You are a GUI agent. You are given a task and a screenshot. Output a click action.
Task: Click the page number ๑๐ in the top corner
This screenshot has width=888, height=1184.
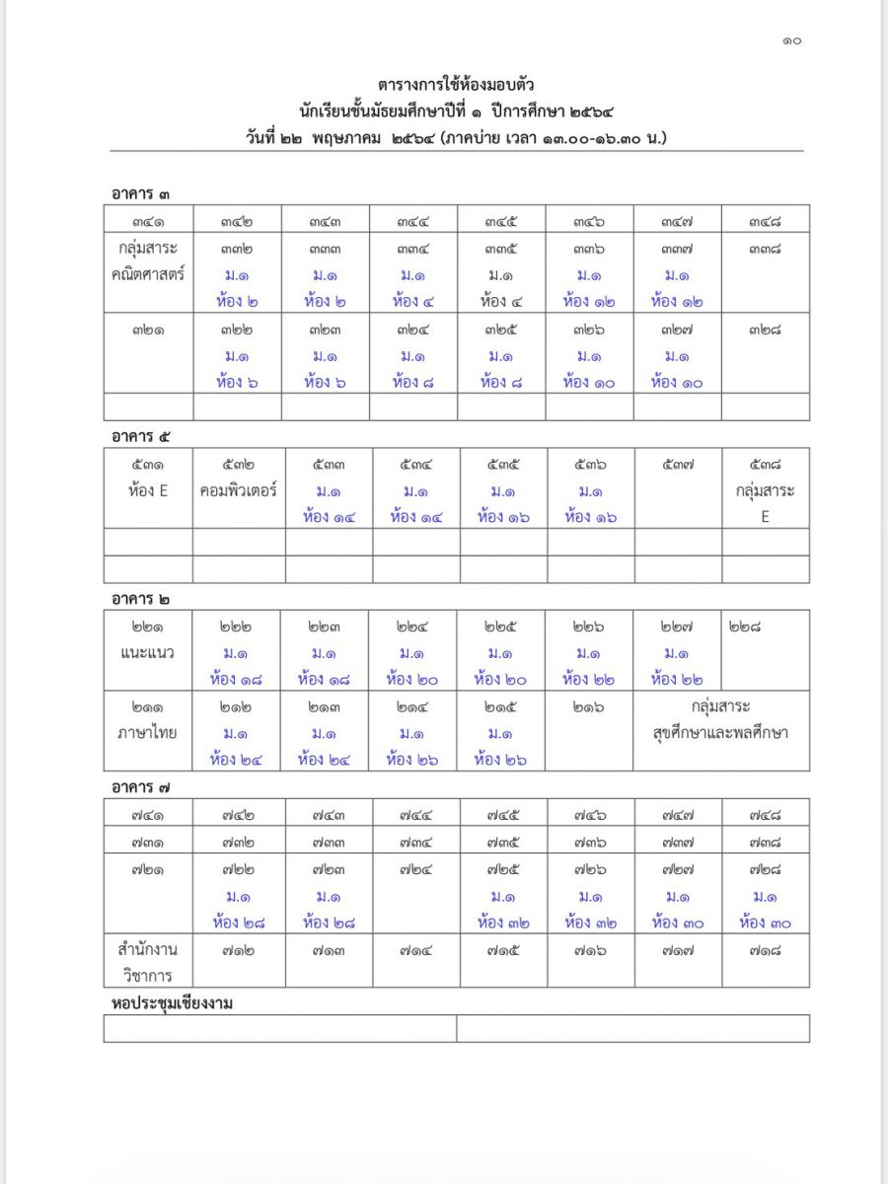click(791, 40)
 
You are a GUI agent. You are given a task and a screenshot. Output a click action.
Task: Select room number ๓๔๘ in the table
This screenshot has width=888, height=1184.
click(765, 221)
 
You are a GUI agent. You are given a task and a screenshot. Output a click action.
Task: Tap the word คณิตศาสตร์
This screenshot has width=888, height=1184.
click(148, 274)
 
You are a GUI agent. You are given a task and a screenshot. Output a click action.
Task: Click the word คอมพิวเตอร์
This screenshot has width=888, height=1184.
click(238, 489)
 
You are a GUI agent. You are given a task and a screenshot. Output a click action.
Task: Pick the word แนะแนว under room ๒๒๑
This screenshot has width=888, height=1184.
click(148, 652)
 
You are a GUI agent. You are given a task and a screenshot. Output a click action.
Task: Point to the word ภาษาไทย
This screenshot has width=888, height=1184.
click(148, 733)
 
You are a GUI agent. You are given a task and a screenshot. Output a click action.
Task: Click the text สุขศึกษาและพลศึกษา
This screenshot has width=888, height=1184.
click(720, 733)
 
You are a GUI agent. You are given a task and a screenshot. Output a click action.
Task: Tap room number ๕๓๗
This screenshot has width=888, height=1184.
click(678, 464)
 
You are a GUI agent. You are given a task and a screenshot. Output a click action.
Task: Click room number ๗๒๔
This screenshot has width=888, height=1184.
click(415, 869)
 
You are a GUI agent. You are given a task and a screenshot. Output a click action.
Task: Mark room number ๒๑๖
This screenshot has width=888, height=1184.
click(589, 706)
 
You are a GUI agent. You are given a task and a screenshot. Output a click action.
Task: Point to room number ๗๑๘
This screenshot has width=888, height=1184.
click(765, 949)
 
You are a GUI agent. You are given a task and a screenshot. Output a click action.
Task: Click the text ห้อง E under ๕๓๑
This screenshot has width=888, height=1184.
click(148, 489)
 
